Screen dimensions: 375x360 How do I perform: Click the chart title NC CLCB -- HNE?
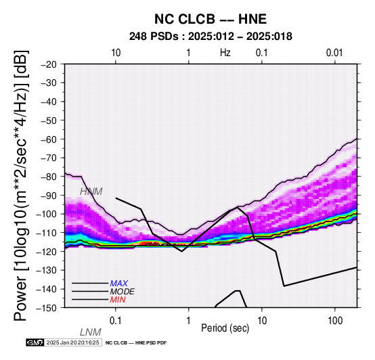[x=211, y=19]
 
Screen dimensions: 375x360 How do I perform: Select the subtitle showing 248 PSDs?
[x=211, y=37]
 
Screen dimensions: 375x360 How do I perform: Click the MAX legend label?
[x=119, y=284]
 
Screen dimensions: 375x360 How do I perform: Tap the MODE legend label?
[x=123, y=292]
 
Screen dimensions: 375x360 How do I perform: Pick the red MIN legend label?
[x=118, y=300]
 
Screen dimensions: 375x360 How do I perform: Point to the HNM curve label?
[x=91, y=192]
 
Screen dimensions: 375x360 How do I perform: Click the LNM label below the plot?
[x=91, y=332]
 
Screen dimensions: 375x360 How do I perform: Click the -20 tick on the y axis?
[x=49, y=64]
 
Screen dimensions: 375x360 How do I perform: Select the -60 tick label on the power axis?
[x=49, y=139]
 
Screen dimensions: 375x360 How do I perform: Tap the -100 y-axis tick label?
[x=47, y=214]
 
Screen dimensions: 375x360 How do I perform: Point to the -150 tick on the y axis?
[x=47, y=308]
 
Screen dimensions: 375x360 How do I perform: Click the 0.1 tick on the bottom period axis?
[x=116, y=321]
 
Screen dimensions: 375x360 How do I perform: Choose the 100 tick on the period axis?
[x=335, y=321]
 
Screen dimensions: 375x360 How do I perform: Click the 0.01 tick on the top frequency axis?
[x=334, y=53]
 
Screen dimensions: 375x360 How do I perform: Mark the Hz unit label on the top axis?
[x=225, y=53]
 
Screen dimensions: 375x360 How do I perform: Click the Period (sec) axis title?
[x=225, y=328]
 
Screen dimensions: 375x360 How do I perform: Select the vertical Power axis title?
[x=21, y=185]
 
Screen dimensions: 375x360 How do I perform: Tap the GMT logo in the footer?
[x=35, y=342]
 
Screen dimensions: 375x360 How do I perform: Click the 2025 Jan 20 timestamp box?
[x=73, y=342]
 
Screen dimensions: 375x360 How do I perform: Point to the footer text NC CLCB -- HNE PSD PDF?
[x=136, y=343]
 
